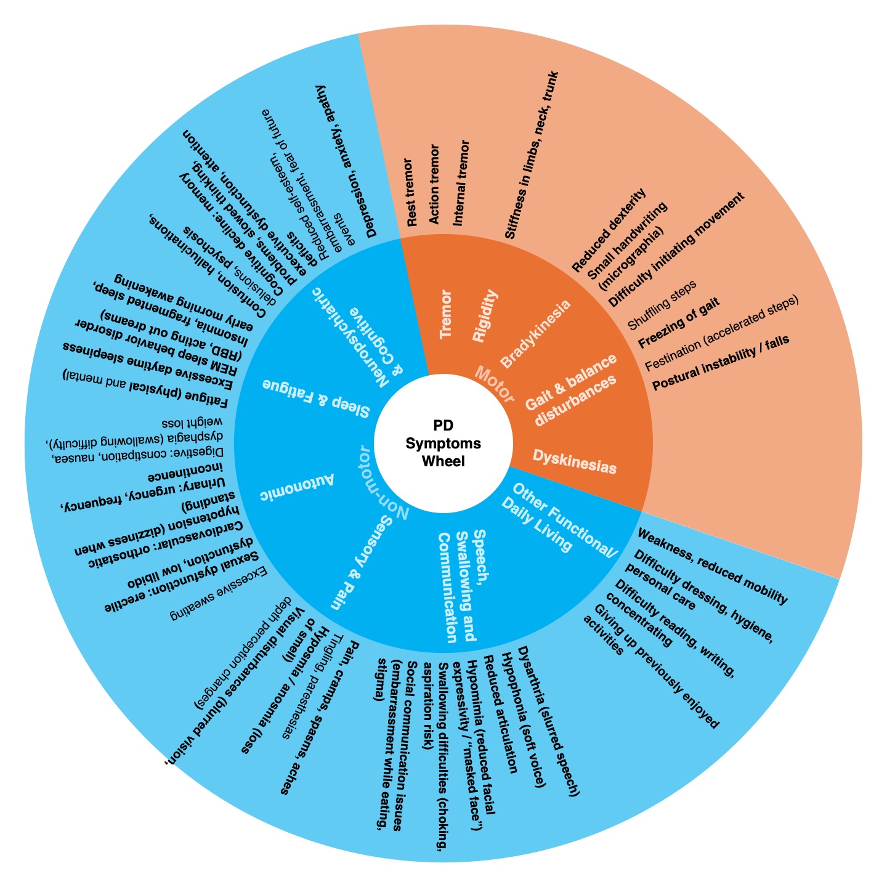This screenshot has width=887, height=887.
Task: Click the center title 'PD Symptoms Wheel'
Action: pyautogui.click(x=443, y=443)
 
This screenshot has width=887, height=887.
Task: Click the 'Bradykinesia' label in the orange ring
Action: pyautogui.click(x=535, y=333)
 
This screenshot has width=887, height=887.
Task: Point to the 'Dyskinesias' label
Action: pyautogui.click(x=574, y=462)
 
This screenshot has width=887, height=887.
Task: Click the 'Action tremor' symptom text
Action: pyautogui.click(x=434, y=184)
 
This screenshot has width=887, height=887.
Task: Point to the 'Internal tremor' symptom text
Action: pyautogui.click(x=461, y=182)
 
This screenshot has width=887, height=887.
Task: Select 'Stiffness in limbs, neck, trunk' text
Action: pyautogui.click(x=530, y=155)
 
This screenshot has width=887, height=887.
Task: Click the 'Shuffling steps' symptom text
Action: pyautogui.click(x=662, y=304)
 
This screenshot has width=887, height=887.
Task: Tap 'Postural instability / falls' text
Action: pyautogui.click(x=720, y=363)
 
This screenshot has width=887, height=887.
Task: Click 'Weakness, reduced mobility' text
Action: pyautogui.click(x=712, y=566)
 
